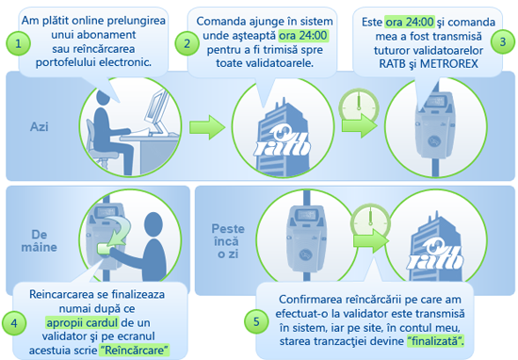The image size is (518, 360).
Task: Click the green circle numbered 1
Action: click(18, 43)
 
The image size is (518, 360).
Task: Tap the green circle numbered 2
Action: click(187, 43)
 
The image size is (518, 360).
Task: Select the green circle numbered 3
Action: click(503, 42)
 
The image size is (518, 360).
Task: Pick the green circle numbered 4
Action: click(14, 323)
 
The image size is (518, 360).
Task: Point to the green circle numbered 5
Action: click(256, 321)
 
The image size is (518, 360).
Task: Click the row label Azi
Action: click(40, 126)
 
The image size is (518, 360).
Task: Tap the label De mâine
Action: click(40, 240)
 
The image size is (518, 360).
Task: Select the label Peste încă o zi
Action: click(228, 241)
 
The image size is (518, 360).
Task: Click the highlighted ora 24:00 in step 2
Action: click(303, 36)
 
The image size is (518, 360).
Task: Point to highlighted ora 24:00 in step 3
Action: click(410, 23)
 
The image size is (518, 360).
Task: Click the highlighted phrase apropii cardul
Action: click(82, 322)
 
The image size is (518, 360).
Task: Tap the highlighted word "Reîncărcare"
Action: click(134, 350)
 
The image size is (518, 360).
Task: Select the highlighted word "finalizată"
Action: click(435, 341)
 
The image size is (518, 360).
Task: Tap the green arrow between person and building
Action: click(207, 127)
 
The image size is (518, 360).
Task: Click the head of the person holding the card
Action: click(154, 225)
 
